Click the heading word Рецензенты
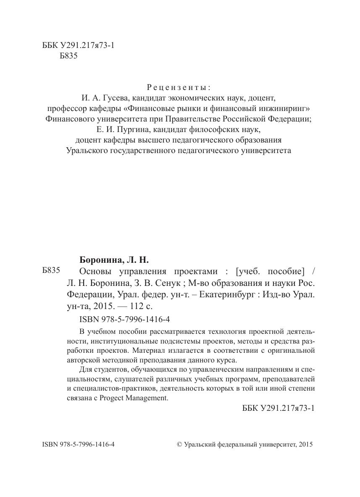pos(179,87)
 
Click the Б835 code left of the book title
pos(51,271)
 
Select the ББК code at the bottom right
pos(279,409)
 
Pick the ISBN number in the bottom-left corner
pos(79,444)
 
